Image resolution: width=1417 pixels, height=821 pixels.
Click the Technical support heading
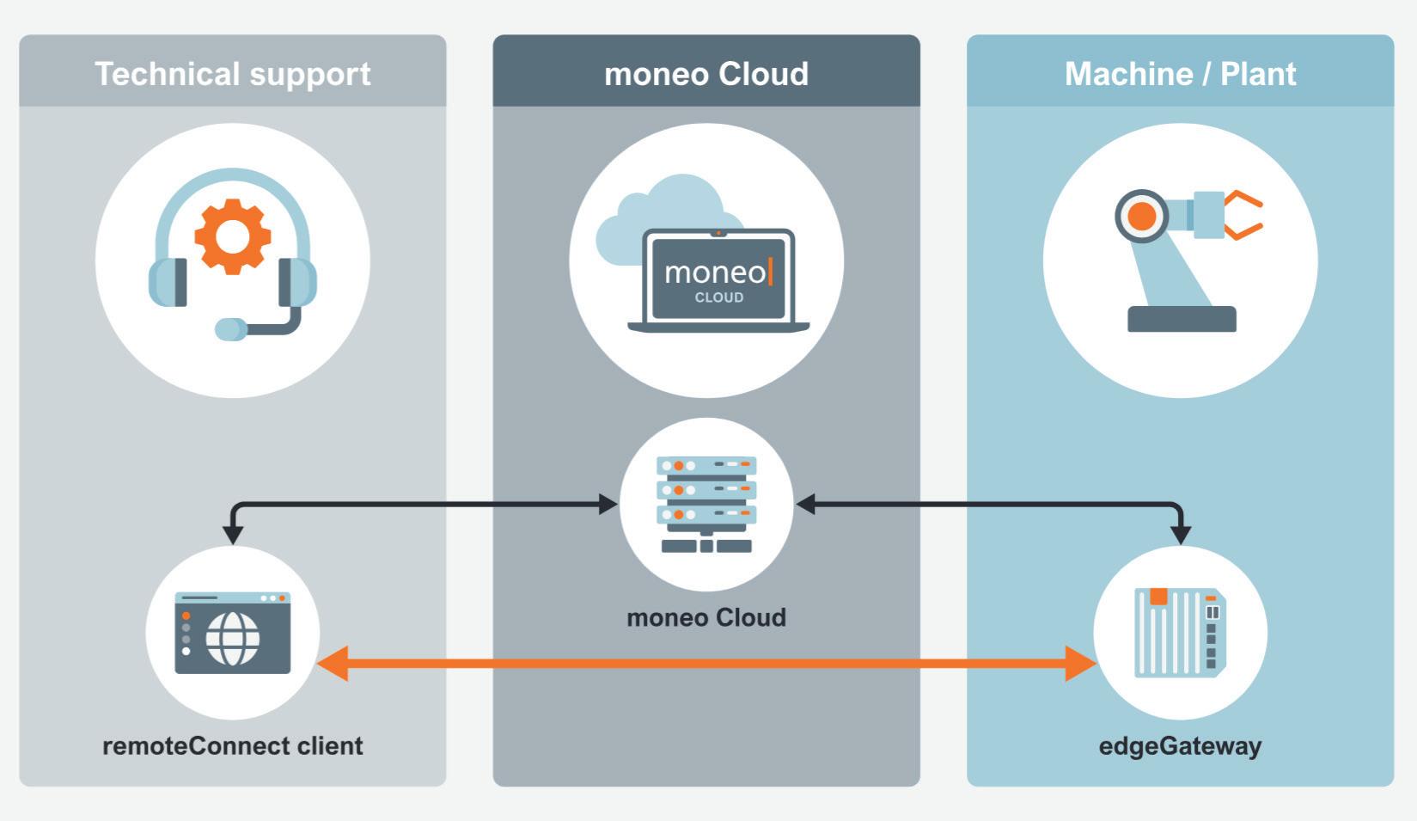(232, 74)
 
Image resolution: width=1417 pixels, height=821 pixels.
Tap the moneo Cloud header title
(705, 74)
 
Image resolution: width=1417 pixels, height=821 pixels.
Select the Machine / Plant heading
(1180, 74)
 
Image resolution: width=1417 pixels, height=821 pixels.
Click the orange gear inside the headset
(232, 236)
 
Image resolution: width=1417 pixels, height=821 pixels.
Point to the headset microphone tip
(229, 329)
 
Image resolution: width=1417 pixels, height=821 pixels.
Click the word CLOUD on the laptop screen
(719, 297)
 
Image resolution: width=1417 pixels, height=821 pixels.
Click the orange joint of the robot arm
(1141, 216)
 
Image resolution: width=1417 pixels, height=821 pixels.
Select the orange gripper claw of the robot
(1244, 215)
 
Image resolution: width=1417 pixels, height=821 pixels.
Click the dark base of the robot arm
(1182, 319)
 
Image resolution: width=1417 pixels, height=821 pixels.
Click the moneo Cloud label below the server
(706, 617)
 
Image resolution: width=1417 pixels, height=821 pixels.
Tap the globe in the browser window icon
(232, 639)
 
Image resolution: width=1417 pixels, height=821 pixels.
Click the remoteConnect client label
(232, 745)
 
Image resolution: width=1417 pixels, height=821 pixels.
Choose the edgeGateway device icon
(1180, 632)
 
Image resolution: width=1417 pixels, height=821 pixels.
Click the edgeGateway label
(1180, 745)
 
